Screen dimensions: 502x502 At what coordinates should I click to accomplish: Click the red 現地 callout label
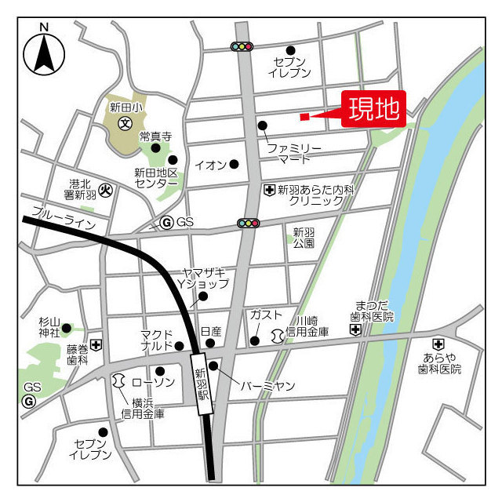coord(373,110)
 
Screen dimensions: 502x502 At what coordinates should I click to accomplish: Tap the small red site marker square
coord(304,117)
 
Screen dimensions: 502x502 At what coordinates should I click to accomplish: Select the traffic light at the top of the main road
coord(242,47)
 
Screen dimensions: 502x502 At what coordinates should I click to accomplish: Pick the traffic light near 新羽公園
coord(249,224)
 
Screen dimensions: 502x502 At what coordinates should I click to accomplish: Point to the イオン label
coord(210,165)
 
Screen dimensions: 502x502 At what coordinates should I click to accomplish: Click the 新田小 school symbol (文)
coord(124,123)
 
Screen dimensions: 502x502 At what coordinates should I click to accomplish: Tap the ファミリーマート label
coord(294,153)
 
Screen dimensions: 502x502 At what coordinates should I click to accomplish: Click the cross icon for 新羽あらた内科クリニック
coord(269,190)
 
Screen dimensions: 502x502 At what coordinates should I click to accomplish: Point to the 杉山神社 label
coord(49,327)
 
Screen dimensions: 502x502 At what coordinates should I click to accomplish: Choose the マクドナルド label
coord(156,340)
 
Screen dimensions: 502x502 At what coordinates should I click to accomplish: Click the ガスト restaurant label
coord(265,315)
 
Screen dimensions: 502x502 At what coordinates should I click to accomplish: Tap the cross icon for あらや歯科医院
coord(438,344)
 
